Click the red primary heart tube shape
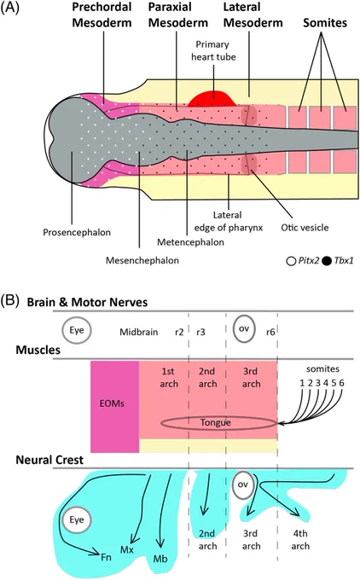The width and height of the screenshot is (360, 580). pos(212,99)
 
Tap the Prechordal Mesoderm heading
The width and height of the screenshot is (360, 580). pos(102,14)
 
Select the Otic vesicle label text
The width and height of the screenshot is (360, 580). pos(305,227)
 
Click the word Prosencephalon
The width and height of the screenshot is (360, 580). pos(77,232)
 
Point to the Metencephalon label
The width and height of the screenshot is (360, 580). pos(190,242)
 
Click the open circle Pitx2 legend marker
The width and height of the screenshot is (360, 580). pos(291,261)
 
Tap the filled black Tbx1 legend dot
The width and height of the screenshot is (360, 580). pos(327,261)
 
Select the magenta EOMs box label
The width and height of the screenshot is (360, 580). pos(112,403)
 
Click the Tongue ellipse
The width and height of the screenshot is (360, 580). pos(218,417)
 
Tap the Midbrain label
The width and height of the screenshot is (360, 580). pos(139,332)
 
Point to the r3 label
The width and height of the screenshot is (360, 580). pos(200,332)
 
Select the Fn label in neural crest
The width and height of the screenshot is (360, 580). pos(106,557)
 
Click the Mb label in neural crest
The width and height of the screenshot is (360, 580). pos(160,558)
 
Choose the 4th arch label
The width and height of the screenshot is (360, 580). pos(300,540)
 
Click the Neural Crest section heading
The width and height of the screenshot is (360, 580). pos(49,460)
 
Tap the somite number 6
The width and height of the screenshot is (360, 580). pos(341,382)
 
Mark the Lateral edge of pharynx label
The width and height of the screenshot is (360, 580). pos(229,221)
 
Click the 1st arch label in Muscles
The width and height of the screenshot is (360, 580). pos(169,378)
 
